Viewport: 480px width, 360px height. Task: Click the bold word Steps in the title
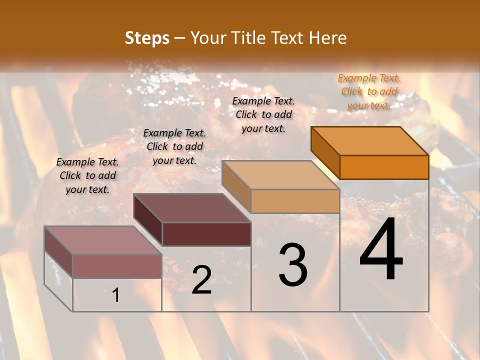pos(147,38)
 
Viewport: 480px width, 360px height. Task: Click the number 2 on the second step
pos(201,280)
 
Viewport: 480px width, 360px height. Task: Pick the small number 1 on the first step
pos(115,295)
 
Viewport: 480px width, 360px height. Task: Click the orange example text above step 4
pos(369,91)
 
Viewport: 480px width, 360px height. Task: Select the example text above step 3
pos(264,114)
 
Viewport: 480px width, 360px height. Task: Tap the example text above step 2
pos(174,146)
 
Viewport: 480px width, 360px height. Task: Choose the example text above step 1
pos(87,175)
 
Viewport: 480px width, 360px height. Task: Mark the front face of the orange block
pos(384,167)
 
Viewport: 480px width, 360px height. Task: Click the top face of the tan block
pos(280,174)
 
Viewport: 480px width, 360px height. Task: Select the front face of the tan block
pos(295,201)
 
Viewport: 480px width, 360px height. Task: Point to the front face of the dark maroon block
pos(206,234)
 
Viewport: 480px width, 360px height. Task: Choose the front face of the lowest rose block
pos(117,266)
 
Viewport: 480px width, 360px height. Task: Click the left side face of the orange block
pos(325,152)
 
